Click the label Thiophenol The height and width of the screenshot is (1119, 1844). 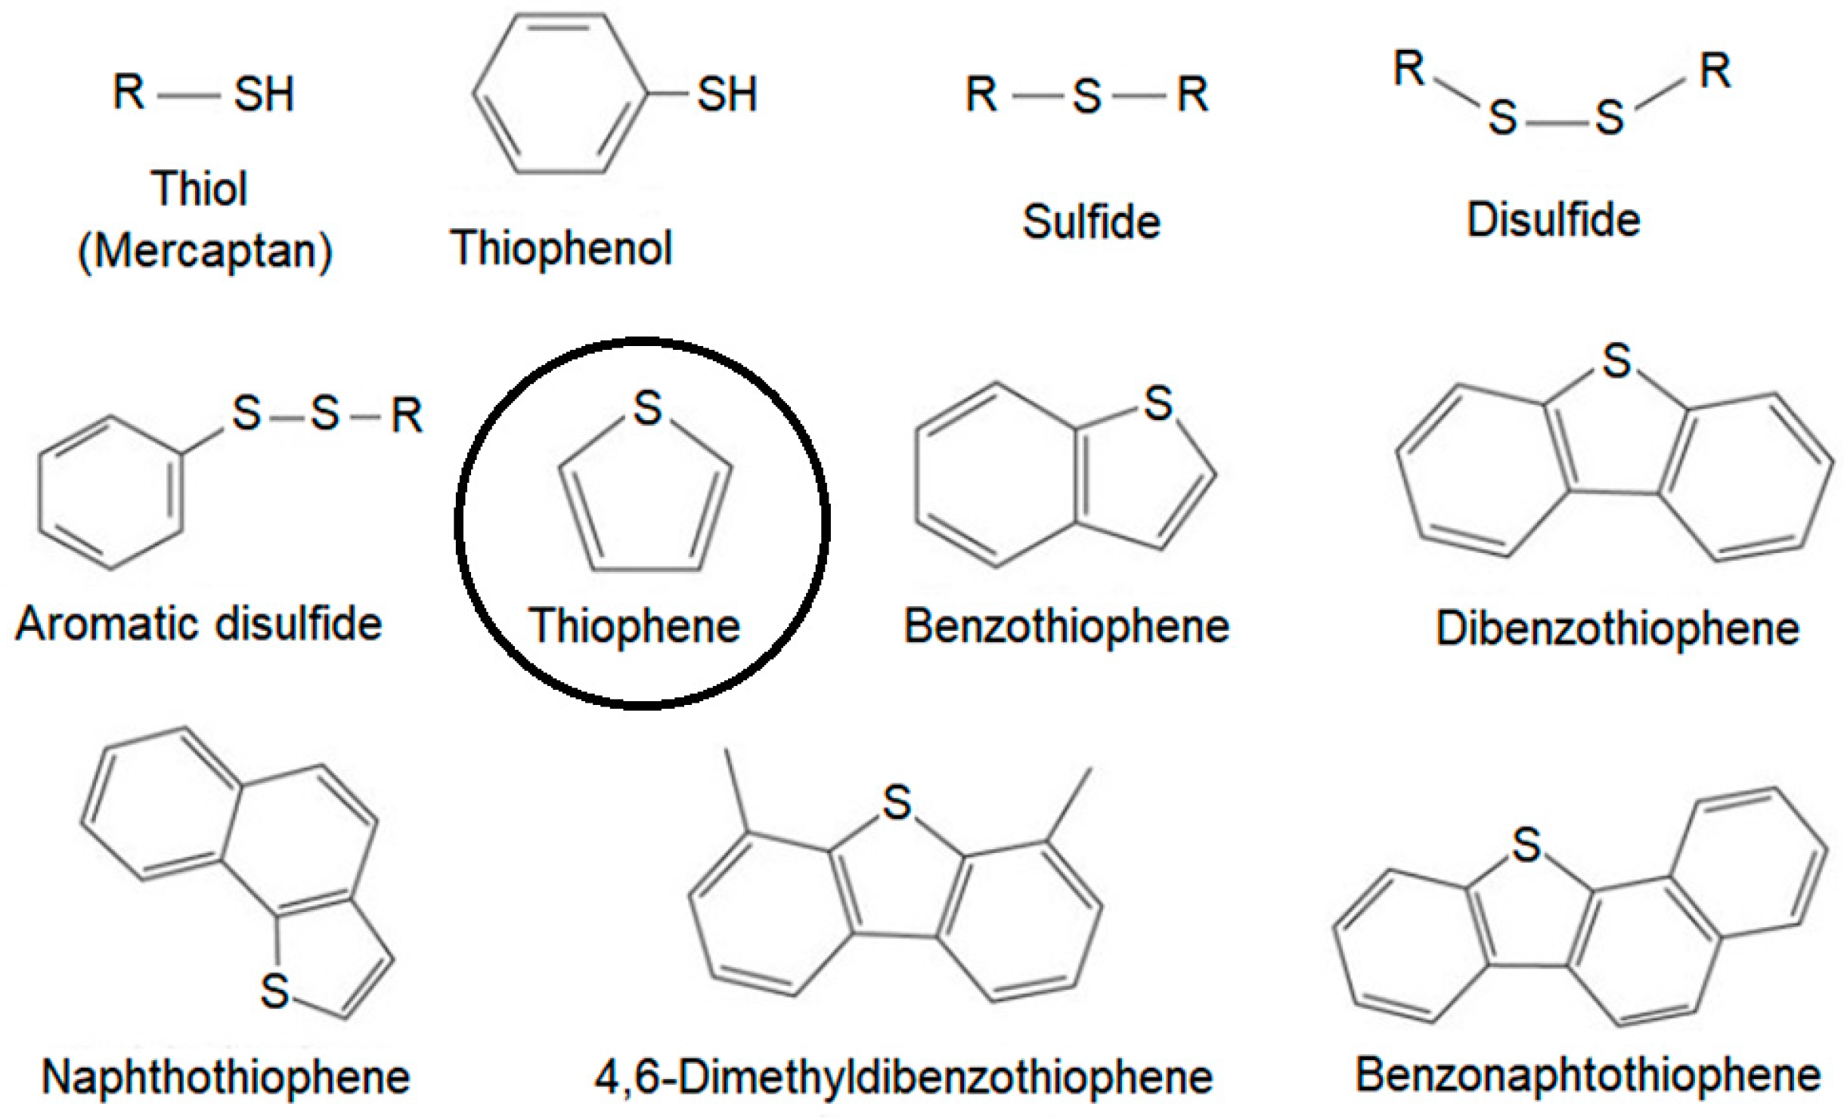pyautogui.click(x=560, y=248)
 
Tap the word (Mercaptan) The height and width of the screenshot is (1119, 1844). pyautogui.click(x=205, y=251)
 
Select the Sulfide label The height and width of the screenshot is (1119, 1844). pyautogui.click(x=1091, y=222)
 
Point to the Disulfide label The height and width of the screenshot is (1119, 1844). pyautogui.click(x=1553, y=220)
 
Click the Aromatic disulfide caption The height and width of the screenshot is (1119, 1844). pyautogui.click(x=199, y=624)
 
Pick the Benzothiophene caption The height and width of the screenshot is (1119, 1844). pyautogui.click(x=1067, y=626)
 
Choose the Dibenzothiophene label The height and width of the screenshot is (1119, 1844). pyautogui.click(x=1617, y=628)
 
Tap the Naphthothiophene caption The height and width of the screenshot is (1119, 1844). pyautogui.click(x=225, y=1077)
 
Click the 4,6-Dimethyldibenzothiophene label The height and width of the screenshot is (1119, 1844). pyautogui.click(x=903, y=1077)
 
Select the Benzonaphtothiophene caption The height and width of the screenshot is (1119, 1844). pyautogui.click(x=1588, y=1074)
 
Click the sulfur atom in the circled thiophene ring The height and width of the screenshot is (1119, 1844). pyautogui.click(x=647, y=408)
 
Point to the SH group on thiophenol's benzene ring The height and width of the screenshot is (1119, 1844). pyautogui.click(x=727, y=95)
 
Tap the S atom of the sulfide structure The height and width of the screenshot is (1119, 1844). pyautogui.click(x=1086, y=97)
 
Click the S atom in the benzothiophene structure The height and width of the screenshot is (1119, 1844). pyautogui.click(x=1158, y=403)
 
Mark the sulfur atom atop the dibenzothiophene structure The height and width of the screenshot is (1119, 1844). pyautogui.click(x=1616, y=360)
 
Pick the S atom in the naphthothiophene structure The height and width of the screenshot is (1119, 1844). pyautogui.click(x=274, y=991)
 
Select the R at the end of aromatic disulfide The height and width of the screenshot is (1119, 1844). pyautogui.click(x=407, y=415)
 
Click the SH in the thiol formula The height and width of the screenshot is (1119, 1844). pyautogui.click(x=263, y=95)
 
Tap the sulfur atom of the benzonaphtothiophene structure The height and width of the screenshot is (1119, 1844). pyautogui.click(x=1526, y=845)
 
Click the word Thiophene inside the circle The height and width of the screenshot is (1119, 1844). pyautogui.click(x=634, y=626)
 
